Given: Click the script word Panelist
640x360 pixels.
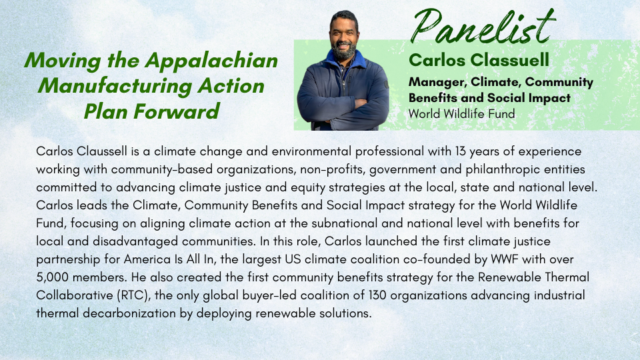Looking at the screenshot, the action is [483, 26].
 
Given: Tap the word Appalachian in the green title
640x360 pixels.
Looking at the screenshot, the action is [211, 61].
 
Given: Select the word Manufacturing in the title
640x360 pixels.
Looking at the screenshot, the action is [115, 86].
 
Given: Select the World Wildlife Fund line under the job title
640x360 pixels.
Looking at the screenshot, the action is [461, 114].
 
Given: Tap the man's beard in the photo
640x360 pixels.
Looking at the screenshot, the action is [343, 51].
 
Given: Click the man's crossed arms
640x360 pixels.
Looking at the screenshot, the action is [342, 107].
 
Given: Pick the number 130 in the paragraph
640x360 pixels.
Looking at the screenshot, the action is [377, 295].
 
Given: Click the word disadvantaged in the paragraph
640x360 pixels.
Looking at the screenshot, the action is [135, 241].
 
